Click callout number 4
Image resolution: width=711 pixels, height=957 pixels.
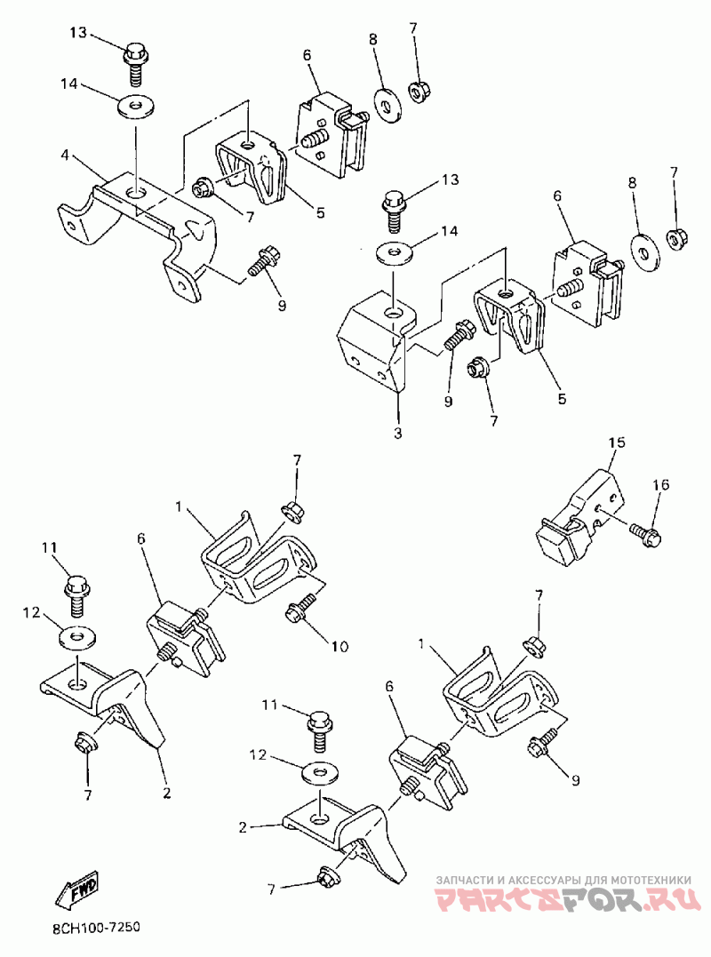click(65, 155)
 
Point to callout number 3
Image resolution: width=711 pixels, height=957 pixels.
click(398, 433)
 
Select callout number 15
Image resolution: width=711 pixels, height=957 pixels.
click(617, 442)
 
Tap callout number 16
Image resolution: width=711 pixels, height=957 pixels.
click(662, 485)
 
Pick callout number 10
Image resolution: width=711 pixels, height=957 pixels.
click(340, 645)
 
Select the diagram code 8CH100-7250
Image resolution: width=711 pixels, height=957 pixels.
click(89, 927)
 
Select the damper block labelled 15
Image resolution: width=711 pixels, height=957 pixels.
click(574, 518)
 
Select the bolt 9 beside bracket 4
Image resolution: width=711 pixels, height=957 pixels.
click(262, 263)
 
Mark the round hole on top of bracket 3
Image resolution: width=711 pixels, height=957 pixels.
click(392, 313)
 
